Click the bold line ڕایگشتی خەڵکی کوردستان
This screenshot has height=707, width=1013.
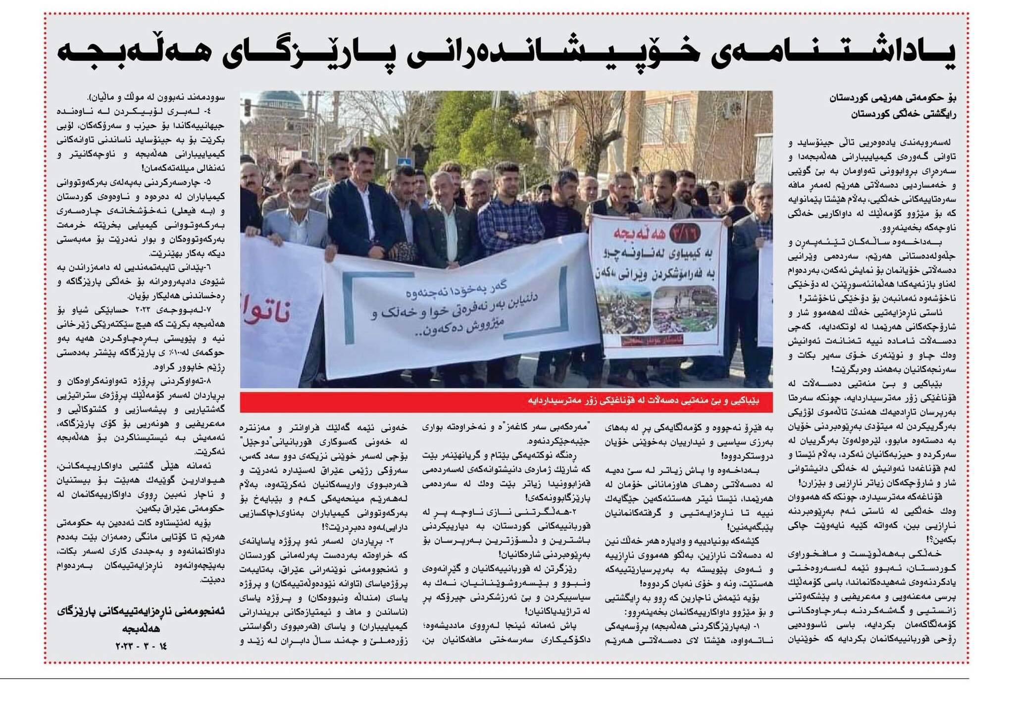click(x=904, y=114)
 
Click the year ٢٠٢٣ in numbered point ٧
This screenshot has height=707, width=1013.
click(x=143, y=311)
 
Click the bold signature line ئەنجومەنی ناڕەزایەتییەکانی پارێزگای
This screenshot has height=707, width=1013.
click(x=141, y=611)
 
